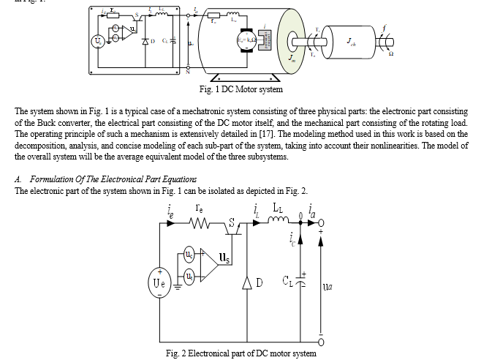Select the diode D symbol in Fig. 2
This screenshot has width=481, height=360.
point(246,282)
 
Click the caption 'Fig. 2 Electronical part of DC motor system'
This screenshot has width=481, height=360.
point(240,353)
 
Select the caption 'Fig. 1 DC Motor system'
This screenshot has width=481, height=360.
point(240,89)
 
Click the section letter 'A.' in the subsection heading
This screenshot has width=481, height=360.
point(18,179)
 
